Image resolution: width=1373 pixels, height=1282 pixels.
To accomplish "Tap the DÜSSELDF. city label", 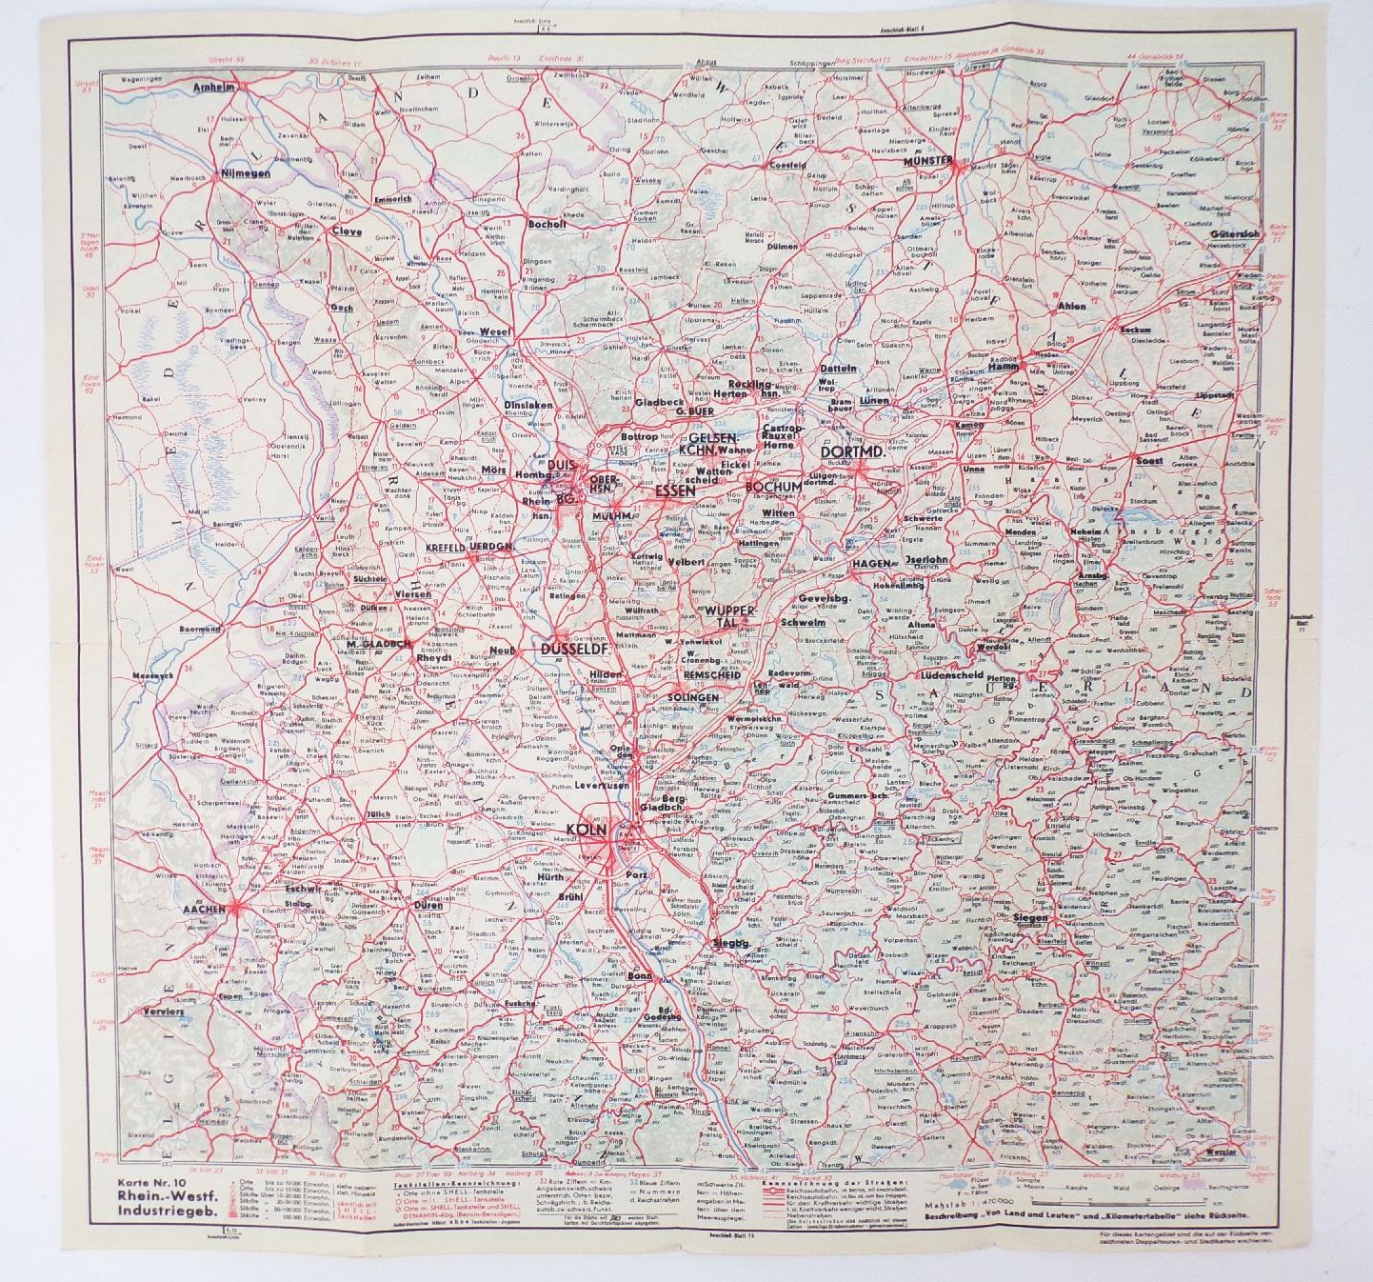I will point(574,649).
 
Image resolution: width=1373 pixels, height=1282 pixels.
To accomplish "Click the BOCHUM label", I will point(775,486).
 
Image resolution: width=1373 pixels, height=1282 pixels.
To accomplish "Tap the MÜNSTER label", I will point(926,162).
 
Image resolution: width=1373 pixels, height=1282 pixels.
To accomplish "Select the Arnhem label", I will point(213,87).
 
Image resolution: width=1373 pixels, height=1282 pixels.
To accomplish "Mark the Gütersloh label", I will point(1236,233).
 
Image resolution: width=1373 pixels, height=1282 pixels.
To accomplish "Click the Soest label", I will point(1147,460).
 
